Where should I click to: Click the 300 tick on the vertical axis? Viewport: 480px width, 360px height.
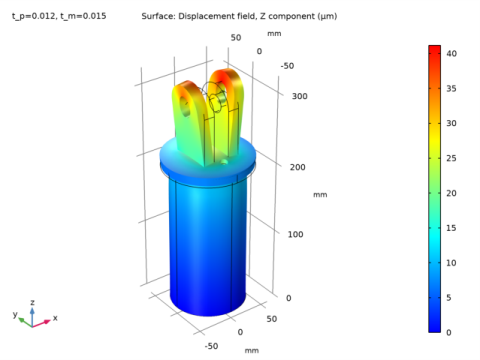(x=296, y=98)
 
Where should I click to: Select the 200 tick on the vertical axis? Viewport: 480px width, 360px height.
(x=296, y=167)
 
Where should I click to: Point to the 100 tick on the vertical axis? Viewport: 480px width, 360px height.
(x=296, y=234)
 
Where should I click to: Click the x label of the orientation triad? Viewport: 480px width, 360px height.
(x=54, y=318)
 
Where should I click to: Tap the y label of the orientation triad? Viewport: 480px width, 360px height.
(x=15, y=314)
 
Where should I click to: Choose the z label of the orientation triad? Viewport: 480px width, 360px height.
(x=33, y=301)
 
